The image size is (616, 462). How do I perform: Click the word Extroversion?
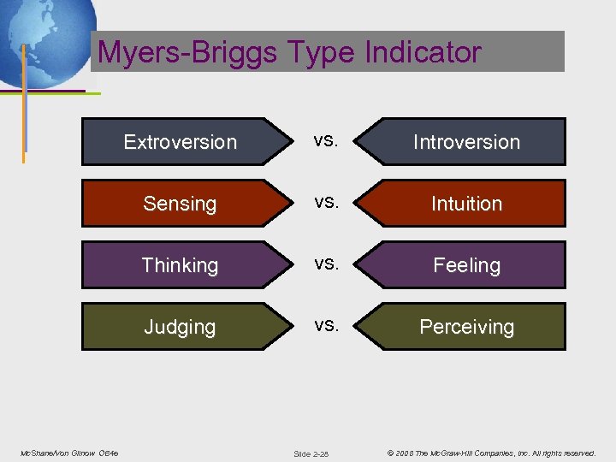pos(180,142)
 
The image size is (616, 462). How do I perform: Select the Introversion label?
pos(466,142)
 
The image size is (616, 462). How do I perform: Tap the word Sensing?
pos(180,204)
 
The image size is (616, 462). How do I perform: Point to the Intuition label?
pos(466,204)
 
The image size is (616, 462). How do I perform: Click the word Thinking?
pos(180,265)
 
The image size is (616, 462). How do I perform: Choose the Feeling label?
pos(466,265)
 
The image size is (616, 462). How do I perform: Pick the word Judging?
pos(180,327)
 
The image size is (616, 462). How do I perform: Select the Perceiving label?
pos(466,327)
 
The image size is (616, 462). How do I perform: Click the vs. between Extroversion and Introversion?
pos(325,140)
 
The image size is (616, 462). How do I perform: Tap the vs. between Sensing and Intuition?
pos(325,202)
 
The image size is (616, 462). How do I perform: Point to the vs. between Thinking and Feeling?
pos(325,264)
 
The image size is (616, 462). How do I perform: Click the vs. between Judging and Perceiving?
pos(325,325)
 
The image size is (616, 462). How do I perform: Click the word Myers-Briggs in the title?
pos(187,52)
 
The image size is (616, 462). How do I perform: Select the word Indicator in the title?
pos(423,52)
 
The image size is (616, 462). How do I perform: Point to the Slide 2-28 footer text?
pos(311,453)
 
